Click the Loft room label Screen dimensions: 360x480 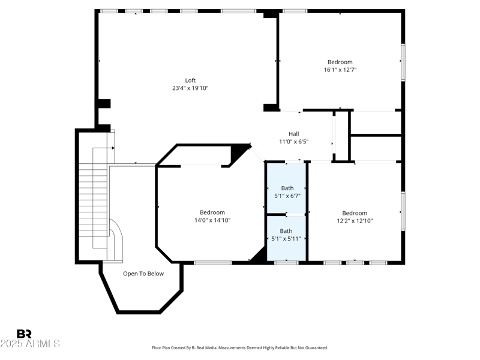190,80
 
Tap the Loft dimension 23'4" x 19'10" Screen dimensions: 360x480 190,88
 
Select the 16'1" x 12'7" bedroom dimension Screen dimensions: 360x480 340,70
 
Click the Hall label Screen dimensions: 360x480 293,134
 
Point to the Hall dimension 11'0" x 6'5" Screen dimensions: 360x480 293,142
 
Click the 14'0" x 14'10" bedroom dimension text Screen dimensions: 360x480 212,220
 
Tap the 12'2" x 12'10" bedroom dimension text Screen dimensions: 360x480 355,221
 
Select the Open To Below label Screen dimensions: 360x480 143,274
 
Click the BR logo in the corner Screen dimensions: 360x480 24,334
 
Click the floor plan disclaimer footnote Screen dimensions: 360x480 240,347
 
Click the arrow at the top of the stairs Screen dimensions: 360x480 111,147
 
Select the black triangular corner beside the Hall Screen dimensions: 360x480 241,153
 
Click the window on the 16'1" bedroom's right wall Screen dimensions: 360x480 403,62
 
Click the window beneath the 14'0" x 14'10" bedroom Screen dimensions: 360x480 212,262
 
